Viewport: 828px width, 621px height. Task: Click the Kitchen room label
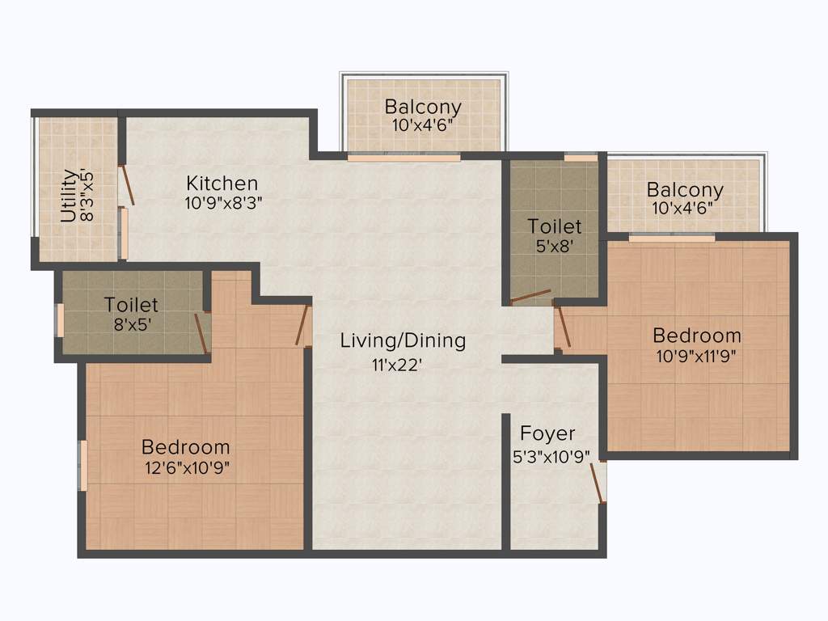[x=222, y=183]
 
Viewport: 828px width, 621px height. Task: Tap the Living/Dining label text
[x=403, y=340]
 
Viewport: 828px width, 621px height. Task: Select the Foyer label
[x=547, y=433]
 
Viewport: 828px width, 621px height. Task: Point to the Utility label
[x=69, y=195]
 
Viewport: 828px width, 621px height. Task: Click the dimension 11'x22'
[x=398, y=365]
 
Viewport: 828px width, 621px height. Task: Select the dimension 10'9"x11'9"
[x=696, y=355]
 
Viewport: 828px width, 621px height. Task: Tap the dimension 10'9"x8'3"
[x=222, y=203]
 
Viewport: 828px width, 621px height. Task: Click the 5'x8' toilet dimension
[x=555, y=246]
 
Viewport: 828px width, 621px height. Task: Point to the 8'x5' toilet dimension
[x=131, y=325]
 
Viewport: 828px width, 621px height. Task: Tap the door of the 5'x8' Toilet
[x=530, y=296]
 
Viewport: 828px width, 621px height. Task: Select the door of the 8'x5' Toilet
[x=201, y=332]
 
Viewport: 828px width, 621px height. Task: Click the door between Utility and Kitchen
[x=127, y=185]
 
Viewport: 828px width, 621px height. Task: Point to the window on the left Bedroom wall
[x=82, y=465]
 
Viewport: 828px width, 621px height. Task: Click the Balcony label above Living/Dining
[x=423, y=106]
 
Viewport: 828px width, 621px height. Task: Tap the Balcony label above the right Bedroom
[x=685, y=190]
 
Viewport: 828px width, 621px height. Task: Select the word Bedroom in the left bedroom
[x=185, y=446]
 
